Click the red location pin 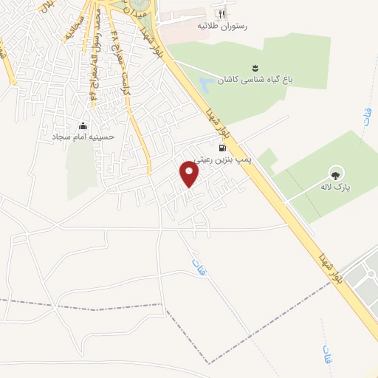point(190,174)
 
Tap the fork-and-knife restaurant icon point(220,14)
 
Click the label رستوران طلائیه point(220,26)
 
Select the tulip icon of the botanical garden point(255,68)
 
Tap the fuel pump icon point(223,146)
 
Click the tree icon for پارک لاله point(336,175)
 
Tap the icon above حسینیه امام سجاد point(82,126)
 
